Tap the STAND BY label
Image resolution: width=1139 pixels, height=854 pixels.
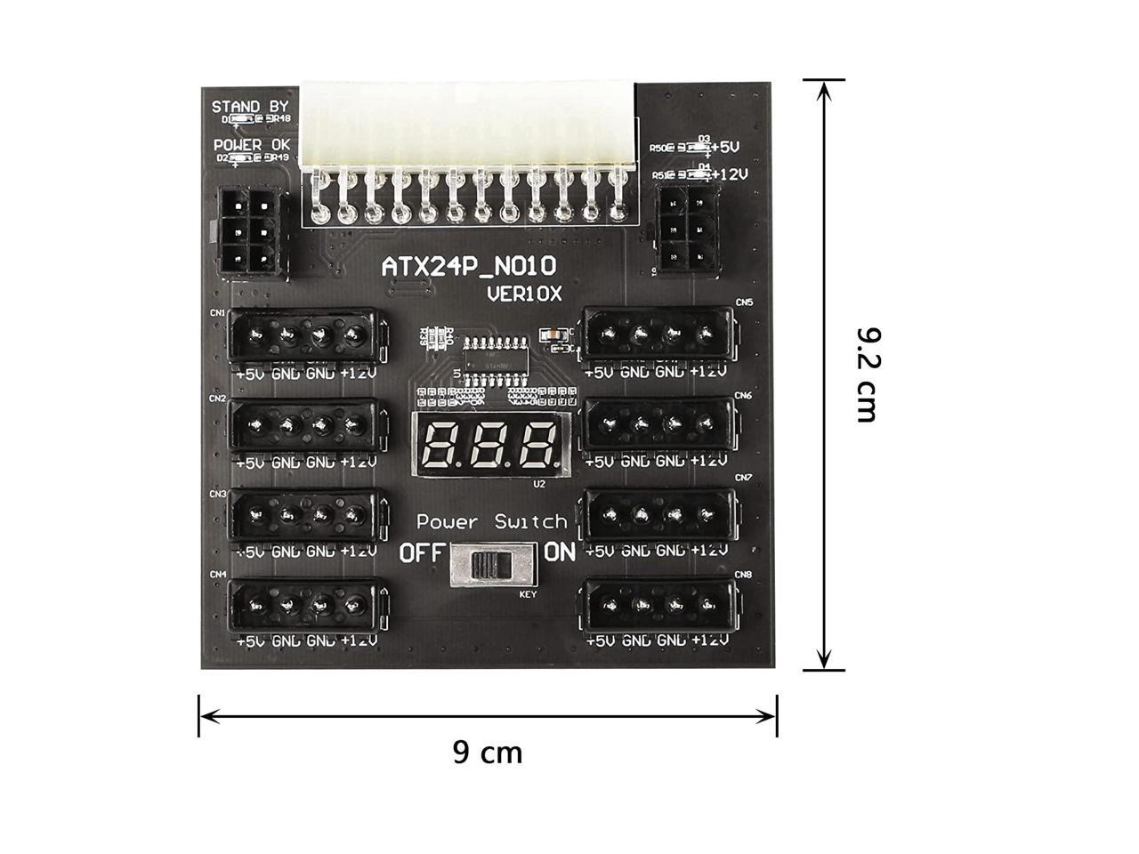coord(250,107)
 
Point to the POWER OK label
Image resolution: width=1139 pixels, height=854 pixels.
coord(252,144)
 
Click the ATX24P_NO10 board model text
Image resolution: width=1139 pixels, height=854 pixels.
coord(469,266)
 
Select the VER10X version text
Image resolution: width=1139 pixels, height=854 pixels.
coord(524,294)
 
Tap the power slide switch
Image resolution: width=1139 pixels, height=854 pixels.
coord(492,566)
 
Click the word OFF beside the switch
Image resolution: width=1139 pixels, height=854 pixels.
coord(420,553)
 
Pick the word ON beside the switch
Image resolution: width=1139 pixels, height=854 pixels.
coord(560,552)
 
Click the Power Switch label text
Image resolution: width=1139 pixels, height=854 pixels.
coord(491,522)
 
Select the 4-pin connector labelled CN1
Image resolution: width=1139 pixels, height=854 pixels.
coord(308,335)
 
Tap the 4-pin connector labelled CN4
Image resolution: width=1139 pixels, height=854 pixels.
coord(308,607)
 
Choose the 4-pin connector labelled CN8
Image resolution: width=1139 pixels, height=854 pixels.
coord(658,607)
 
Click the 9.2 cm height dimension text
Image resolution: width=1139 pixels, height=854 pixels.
coord(868,375)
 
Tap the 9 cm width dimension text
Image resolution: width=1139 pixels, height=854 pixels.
coord(488,753)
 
